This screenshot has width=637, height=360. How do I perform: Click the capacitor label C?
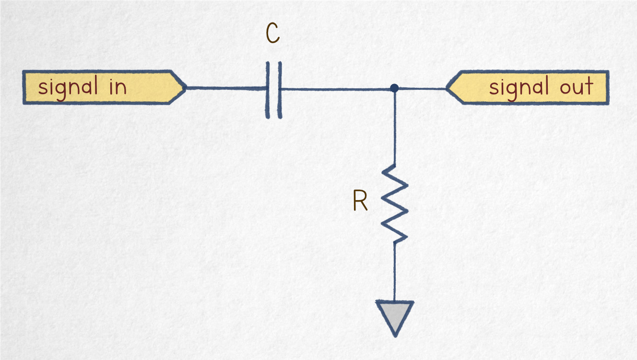[x=272, y=35]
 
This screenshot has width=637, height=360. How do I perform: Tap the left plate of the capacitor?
[x=268, y=89]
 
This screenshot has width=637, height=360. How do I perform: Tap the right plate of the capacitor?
[x=279, y=89]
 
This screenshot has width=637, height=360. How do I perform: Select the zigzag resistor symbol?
[x=395, y=204]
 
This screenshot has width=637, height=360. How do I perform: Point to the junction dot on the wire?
[x=394, y=88]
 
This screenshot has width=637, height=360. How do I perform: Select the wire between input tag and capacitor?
[x=225, y=88]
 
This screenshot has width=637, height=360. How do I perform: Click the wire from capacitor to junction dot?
[x=336, y=89]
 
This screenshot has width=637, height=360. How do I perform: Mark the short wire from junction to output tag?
[x=422, y=88]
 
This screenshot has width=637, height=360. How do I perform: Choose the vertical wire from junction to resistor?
[x=394, y=127]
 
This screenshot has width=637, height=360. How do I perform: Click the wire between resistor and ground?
[x=395, y=271]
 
